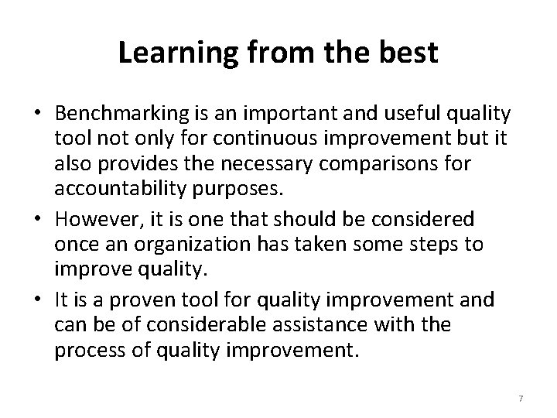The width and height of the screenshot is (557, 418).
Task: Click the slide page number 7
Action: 521,398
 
